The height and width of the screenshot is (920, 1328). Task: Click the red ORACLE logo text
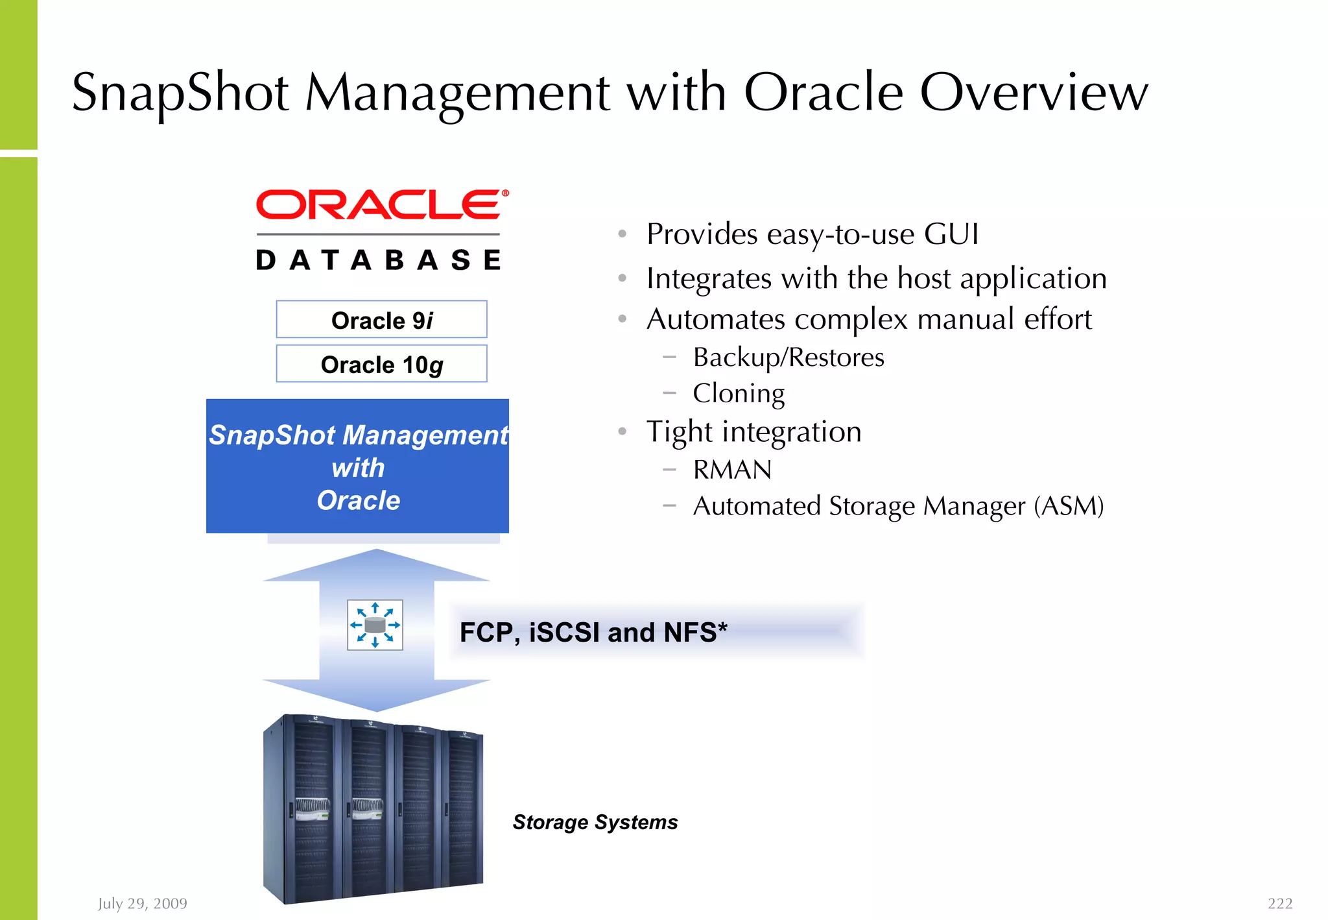(x=378, y=205)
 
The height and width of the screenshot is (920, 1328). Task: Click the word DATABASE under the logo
(x=379, y=260)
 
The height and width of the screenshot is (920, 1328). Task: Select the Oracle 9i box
(x=381, y=320)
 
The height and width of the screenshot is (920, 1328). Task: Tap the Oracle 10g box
(x=381, y=364)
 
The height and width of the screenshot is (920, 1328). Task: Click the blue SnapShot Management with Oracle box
(x=358, y=466)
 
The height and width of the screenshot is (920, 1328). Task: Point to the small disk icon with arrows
(x=375, y=625)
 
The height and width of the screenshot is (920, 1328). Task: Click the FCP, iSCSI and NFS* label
(x=593, y=632)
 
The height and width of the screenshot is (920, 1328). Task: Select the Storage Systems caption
(x=595, y=822)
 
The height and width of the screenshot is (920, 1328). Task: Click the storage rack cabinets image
(x=373, y=809)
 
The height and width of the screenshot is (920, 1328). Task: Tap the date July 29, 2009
(x=143, y=903)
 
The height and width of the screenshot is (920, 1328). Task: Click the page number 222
(x=1279, y=903)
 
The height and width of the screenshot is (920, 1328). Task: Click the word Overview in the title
(x=1034, y=92)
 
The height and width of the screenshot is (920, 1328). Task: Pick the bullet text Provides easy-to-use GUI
(x=812, y=234)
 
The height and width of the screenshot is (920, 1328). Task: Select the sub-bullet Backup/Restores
(x=788, y=357)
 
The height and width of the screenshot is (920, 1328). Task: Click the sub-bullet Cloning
(x=739, y=393)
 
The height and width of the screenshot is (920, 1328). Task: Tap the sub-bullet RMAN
(x=732, y=470)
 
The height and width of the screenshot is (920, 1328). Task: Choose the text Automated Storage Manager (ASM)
(x=898, y=506)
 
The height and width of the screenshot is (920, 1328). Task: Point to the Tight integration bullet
(x=753, y=432)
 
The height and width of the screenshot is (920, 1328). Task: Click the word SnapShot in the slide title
(x=180, y=92)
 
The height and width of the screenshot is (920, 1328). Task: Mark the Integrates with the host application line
(x=876, y=278)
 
